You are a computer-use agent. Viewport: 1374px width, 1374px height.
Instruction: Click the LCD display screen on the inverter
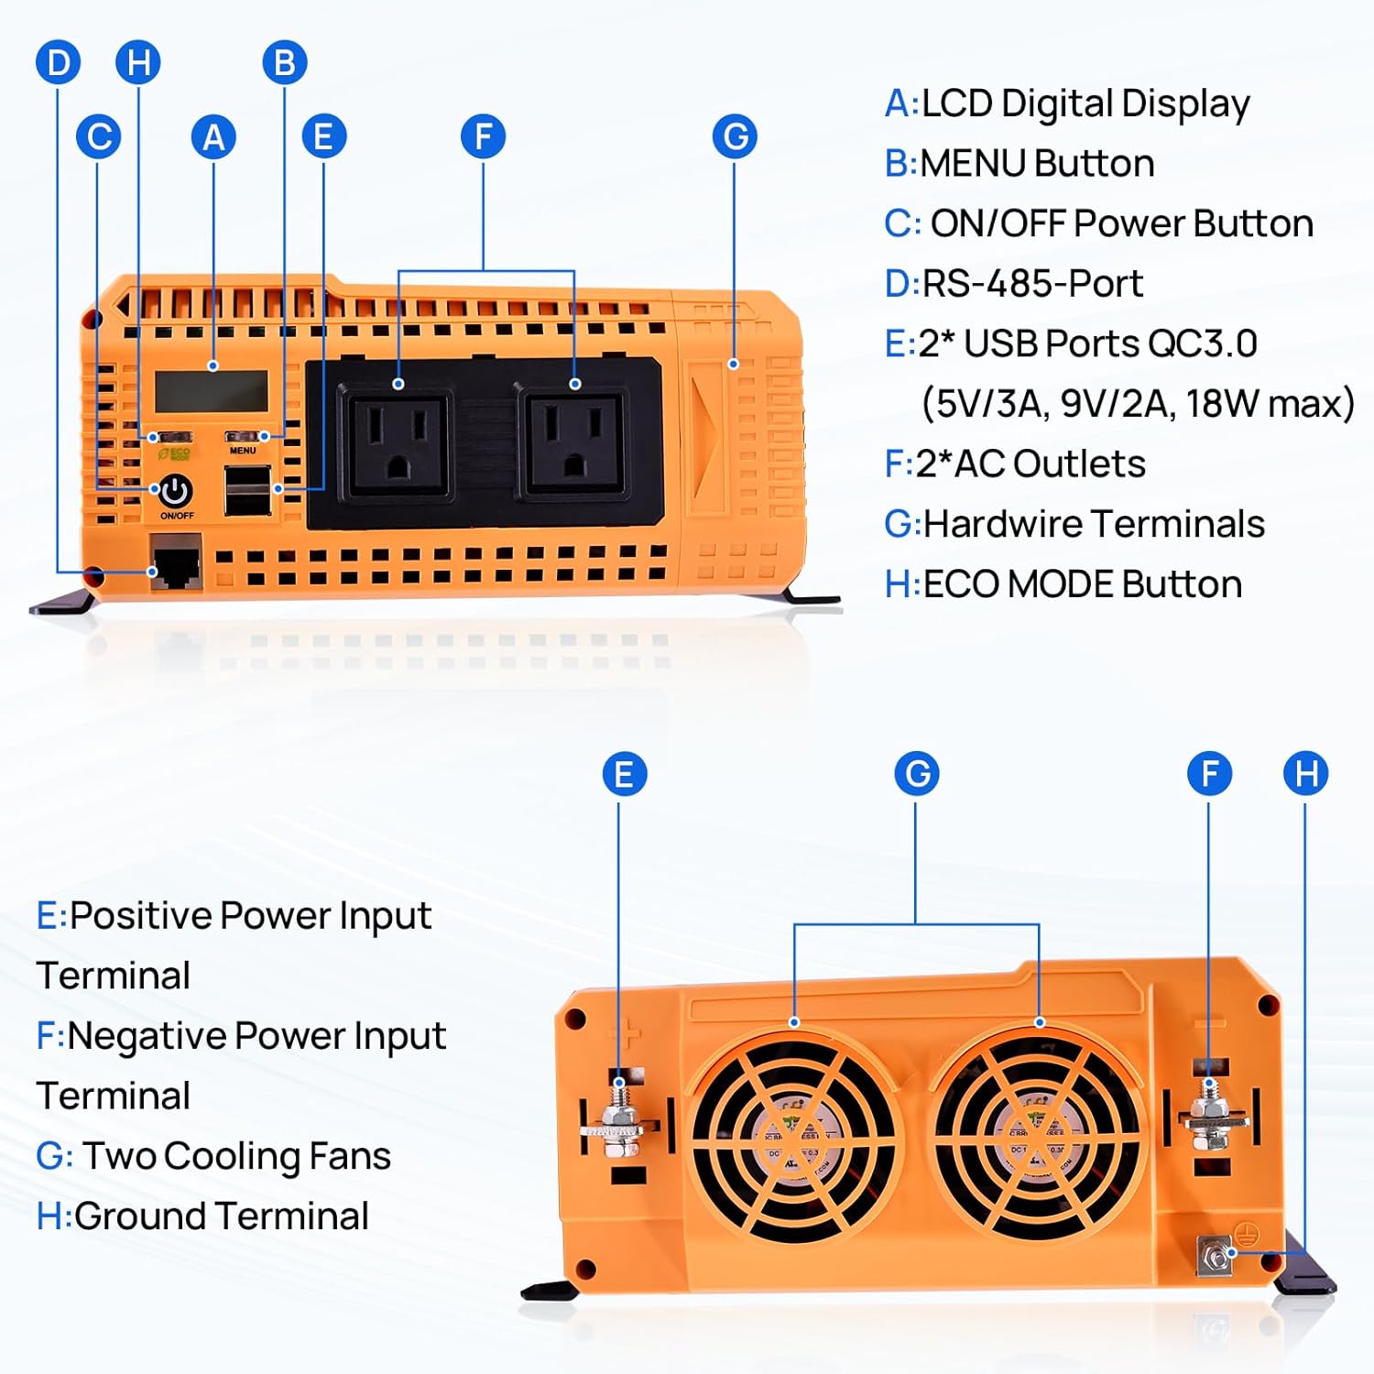pos(212,391)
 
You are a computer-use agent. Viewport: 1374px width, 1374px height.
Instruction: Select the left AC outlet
pos(397,443)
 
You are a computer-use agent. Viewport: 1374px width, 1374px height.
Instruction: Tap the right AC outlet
pos(574,443)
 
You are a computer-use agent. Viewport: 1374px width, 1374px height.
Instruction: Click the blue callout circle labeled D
pos(58,63)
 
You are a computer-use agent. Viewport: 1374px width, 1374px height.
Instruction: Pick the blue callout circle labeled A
pos(213,137)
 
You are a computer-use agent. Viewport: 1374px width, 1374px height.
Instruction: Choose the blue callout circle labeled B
pos(284,63)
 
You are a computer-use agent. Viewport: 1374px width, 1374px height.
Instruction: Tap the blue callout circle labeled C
pos(99,137)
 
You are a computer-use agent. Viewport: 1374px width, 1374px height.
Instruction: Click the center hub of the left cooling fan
pos(793,1137)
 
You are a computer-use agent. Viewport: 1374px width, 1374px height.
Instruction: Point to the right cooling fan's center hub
pos(1037,1137)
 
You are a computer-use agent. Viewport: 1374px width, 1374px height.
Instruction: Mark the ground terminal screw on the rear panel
pos(1216,1255)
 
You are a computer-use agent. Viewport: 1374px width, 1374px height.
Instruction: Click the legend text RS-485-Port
pos(1031,284)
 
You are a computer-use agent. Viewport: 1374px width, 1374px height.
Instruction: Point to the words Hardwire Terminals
pos(1094,525)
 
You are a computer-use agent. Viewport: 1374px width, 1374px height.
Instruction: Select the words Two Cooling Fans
pos(236,1156)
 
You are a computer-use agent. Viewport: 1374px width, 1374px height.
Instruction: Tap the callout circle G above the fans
pos(917,774)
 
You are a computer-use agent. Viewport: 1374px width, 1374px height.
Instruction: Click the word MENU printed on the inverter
pos(243,451)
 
